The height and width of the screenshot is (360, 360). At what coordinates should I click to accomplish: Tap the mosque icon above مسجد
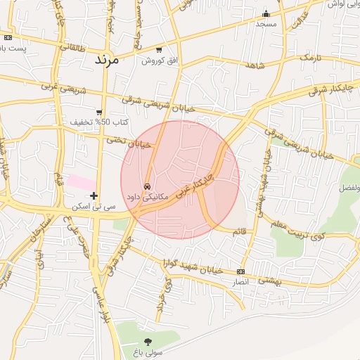[266, 13]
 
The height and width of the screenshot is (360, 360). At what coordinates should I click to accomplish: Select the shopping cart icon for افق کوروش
[159, 50]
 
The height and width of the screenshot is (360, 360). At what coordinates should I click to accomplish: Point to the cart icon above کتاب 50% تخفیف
[99, 112]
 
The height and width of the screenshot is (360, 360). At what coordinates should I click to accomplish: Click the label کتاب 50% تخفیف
[94, 122]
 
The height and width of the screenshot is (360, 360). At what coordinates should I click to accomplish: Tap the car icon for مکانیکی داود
[146, 186]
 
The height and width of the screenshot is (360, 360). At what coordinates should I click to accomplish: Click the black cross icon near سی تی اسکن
[94, 195]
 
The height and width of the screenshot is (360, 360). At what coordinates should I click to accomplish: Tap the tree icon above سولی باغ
[147, 341]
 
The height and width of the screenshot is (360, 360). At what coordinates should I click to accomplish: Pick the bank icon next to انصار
[241, 271]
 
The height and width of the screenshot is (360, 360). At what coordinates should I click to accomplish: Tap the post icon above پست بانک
[8, 38]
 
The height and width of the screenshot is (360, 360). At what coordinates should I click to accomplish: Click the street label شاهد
[255, 65]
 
